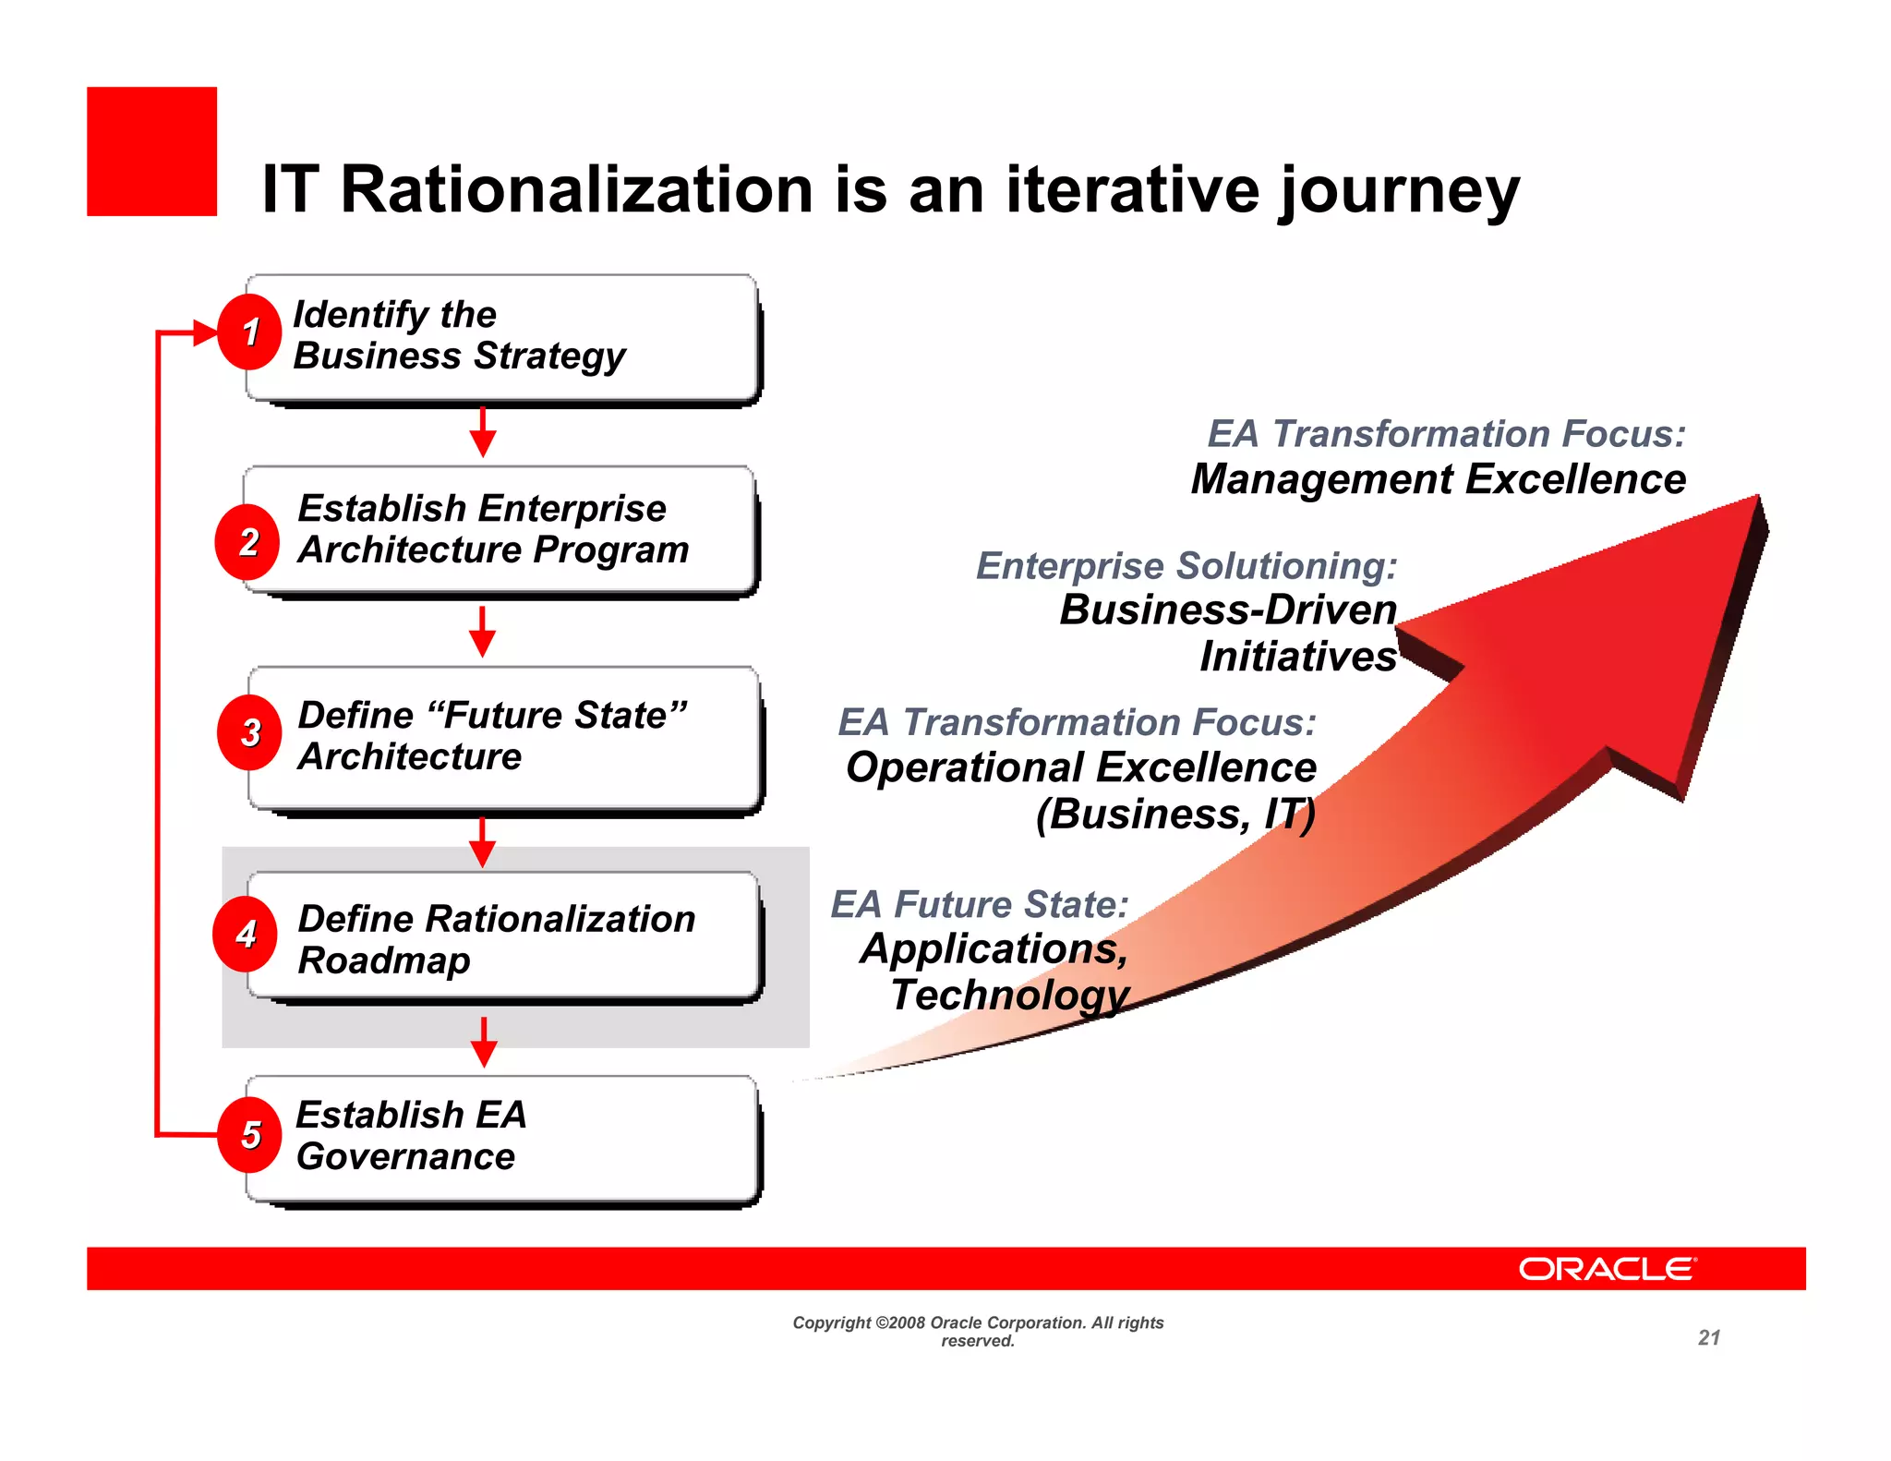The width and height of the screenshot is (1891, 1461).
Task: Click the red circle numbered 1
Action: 249,332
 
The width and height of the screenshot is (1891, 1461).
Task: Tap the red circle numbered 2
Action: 247,542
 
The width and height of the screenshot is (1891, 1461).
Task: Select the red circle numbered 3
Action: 249,733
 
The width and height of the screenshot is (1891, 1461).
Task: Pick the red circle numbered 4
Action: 246,935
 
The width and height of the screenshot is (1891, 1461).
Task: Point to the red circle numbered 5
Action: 249,1135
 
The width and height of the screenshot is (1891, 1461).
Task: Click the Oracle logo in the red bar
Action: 1607,1269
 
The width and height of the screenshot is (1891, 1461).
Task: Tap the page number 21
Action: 1709,1337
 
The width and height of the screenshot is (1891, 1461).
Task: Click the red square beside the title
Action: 152,151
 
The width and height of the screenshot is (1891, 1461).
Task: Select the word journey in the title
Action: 1400,192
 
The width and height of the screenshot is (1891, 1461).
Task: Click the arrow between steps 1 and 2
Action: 483,432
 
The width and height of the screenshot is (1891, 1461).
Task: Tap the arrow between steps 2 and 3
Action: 483,632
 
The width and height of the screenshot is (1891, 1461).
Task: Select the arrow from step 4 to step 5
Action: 484,1042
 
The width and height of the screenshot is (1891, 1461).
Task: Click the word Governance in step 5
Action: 405,1157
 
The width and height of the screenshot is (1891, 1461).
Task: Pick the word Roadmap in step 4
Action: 384,960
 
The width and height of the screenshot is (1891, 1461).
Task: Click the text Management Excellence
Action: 1438,479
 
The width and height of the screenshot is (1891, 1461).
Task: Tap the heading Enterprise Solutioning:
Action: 1186,565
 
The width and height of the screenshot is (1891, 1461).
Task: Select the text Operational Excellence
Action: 1080,767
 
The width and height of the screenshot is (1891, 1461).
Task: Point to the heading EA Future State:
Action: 980,904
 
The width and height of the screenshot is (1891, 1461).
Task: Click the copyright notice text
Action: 978,1331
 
